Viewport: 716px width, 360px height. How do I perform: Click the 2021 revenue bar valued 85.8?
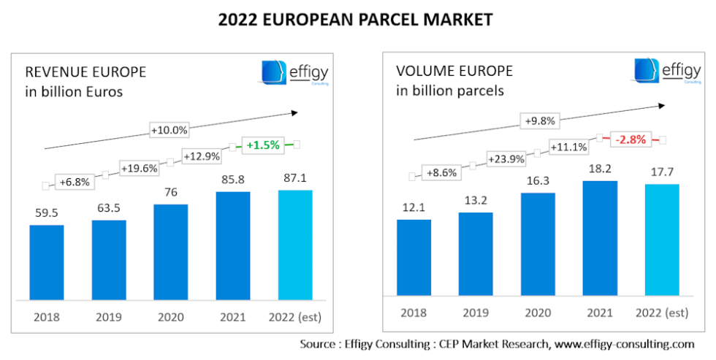click(x=233, y=245)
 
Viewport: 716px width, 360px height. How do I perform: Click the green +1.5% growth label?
click(x=263, y=145)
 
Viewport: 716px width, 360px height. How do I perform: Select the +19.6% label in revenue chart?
click(x=139, y=168)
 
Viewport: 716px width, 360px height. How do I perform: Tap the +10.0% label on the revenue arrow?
click(x=170, y=130)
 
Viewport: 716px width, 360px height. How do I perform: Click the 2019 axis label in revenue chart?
click(x=109, y=317)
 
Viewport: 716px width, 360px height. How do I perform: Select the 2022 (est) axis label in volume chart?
click(x=661, y=313)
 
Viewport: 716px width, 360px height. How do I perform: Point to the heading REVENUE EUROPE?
click(x=85, y=72)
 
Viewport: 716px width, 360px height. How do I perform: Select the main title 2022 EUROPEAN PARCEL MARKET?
click(x=355, y=20)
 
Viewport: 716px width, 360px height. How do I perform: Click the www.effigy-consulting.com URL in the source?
click(x=624, y=343)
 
